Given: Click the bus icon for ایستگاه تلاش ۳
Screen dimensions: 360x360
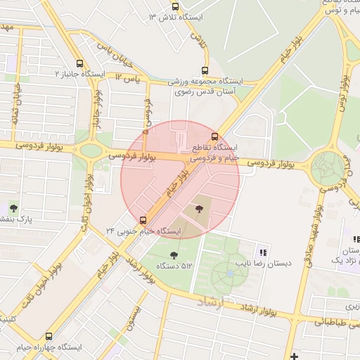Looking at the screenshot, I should point(176,6).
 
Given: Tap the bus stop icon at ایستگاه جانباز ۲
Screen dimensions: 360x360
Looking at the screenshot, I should point(79,63).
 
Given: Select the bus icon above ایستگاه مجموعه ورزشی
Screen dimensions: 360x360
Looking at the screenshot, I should point(205,70).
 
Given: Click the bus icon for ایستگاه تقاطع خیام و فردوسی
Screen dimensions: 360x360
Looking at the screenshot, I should point(214,136).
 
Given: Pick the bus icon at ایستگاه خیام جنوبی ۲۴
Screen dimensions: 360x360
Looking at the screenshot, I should point(143,219).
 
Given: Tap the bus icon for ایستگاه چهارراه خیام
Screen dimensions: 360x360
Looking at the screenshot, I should point(49,337).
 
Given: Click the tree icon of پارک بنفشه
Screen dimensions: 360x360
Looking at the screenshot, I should point(13,207).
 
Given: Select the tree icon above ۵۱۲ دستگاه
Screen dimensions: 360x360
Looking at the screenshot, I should point(174,255).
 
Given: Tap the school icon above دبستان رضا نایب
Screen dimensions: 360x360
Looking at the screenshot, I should point(263,252).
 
